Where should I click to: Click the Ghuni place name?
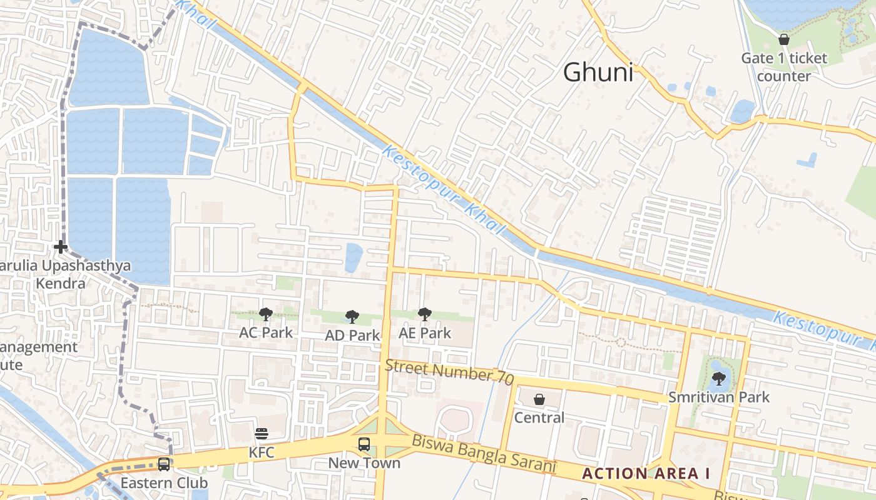tap(598, 72)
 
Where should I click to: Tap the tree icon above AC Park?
tap(266, 314)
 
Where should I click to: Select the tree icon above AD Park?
tap(352, 317)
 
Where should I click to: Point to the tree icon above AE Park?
tap(425, 314)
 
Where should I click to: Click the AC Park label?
tap(266, 332)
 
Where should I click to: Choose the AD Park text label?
tap(352, 336)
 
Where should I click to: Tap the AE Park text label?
tap(425, 333)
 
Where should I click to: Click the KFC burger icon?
tap(262, 434)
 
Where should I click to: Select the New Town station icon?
tap(364, 444)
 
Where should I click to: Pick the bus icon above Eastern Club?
tap(164, 464)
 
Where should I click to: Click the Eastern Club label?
tap(164, 483)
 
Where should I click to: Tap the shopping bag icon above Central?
tap(539, 399)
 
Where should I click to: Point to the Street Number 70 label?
tap(449, 371)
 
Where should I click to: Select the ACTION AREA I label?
tap(646, 473)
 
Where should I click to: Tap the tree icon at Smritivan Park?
tap(719, 378)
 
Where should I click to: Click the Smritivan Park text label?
tap(719, 397)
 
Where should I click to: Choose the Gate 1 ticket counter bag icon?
tap(784, 40)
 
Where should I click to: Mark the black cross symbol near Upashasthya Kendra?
tap(61, 247)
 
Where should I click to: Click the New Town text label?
tap(364, 463)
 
